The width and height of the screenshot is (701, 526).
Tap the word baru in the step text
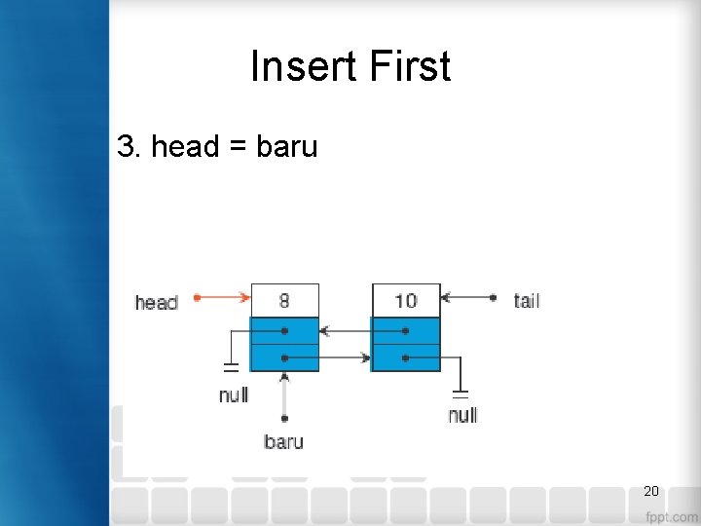click(x=287, y=147)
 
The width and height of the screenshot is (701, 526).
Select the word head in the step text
click(x=185, y=147)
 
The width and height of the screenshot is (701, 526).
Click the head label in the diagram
click(x=156, y=302)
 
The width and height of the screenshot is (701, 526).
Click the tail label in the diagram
click(x=527, y=300)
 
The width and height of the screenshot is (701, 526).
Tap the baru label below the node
click(x=283, y=442)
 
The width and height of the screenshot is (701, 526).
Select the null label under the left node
click(x=234, y=395)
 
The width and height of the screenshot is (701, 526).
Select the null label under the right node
click(x=462, y=416)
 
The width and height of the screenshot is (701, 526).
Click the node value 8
click(x=284, y=299)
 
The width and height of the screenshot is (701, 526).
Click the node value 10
click(x=406, y=299)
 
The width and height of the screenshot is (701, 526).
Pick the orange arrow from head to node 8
click(x=223, y=297)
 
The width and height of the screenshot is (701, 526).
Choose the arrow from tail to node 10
click(x=467, y=297)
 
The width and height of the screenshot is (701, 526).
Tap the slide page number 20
click(x=651, y=491)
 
